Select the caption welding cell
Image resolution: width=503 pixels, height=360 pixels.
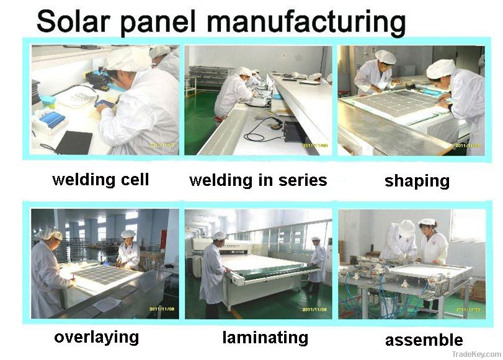coord(101,180)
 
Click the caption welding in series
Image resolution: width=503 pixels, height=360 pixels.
coord(258,180)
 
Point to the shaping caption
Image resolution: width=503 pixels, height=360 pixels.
coord(417,181)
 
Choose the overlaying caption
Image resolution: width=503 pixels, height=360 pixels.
coord(96,338)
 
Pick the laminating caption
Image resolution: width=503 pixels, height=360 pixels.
coord(265,338)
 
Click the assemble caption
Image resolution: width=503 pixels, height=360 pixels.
coord(424,340)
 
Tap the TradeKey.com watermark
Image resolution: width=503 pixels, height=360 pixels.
coord(479,353)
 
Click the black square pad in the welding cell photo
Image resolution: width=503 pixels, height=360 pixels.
coord(74,142)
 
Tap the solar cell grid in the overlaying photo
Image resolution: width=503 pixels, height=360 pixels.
coord(105,274)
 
